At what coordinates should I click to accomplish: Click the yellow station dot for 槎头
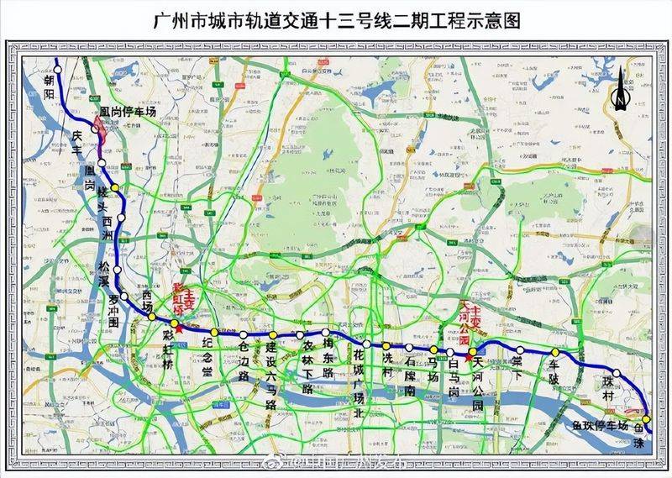pyautogui.click(x=115, y=187)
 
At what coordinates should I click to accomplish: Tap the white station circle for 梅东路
pyautogui.click(x=326, y=333)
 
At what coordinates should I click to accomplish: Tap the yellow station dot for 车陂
pyautogui.click(x=554, y=352)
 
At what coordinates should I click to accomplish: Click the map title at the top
pyautogui.click(x=335, y=19)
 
